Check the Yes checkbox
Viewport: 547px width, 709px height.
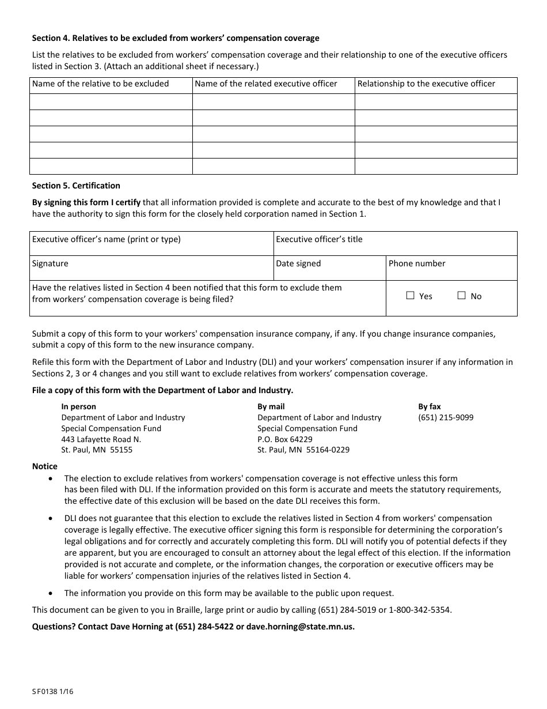tap(411, 296)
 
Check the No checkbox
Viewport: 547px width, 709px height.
tap(461, 296)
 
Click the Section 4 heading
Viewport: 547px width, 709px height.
tap(176, 38)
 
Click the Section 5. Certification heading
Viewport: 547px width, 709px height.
tap(76, 186)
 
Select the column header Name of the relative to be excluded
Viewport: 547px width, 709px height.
tap(101, 84)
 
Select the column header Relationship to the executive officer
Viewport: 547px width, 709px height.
tap(426, 84)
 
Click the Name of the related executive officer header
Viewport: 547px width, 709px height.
tap(266, 84)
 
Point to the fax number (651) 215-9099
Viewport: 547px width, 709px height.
tap(446, 417)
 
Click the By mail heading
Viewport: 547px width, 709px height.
tap(271, 406)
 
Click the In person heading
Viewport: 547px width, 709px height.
tap(79, 406)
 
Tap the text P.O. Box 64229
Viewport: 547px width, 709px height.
tap(285, 439)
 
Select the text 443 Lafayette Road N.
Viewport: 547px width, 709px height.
tap(101, 439)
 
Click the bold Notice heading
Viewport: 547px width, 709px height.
tap(45, 466)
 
